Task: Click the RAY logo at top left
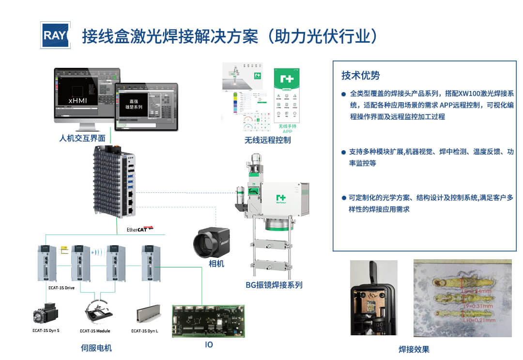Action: (55, 35)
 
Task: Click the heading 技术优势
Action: (360, 76)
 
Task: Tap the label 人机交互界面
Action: (82, 138)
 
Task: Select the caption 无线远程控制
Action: (267, 141)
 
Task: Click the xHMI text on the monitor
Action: (77, 101)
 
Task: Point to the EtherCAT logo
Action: (139, 229)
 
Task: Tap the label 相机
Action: (216, 264)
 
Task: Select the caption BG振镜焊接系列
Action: (274, 285)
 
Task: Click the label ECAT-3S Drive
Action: (62, 287)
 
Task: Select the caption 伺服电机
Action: (96, 348)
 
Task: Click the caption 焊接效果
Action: (414, 349)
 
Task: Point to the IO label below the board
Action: (209, 344)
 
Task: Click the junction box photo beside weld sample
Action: (373, 297)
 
